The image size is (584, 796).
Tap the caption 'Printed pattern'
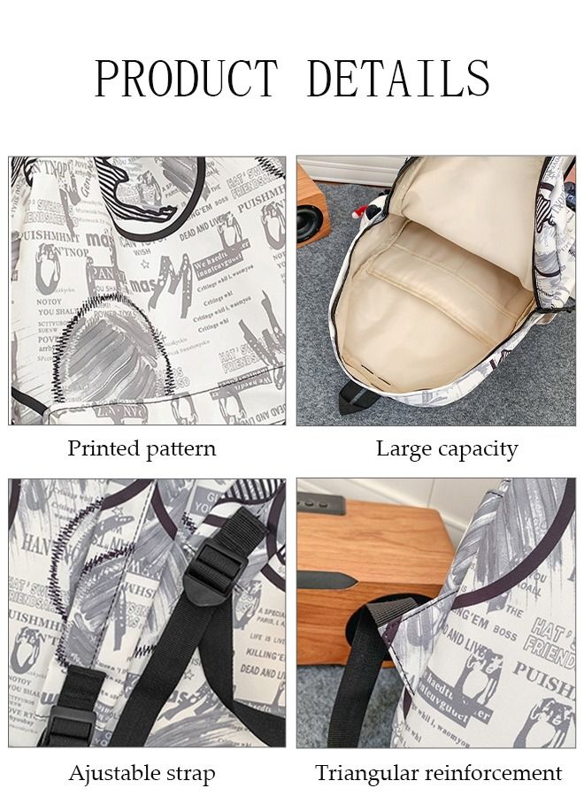click(x=142, y=448)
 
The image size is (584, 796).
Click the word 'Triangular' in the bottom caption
click(x=366, y=774)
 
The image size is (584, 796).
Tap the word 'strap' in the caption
click(x=188, y=775)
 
